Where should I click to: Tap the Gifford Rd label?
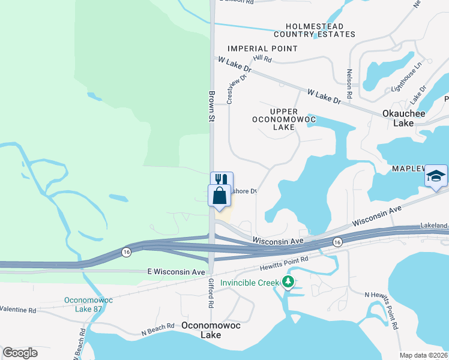[211, 293]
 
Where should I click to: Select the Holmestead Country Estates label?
[320, 31]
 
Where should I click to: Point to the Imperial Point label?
[262, 49]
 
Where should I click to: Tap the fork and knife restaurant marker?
[221, 179]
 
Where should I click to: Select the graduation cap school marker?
[436, 175]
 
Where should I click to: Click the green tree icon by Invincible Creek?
[288, 282]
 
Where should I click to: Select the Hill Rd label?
[262, 59]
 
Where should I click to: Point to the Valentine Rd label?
[18, 310]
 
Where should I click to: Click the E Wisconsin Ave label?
[176, 272]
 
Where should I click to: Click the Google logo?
[20, 353]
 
